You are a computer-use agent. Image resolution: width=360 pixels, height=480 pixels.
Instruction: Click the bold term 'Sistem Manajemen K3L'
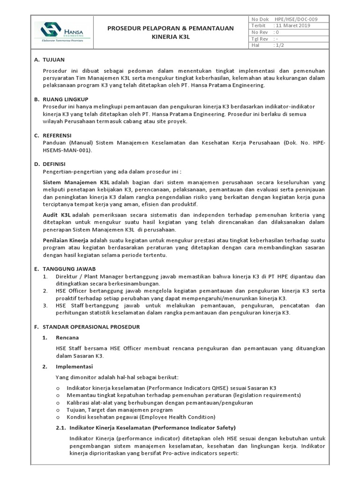click(x=76, y=181)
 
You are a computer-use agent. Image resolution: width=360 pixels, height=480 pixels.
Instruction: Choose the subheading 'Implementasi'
click(x=75, y=366)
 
